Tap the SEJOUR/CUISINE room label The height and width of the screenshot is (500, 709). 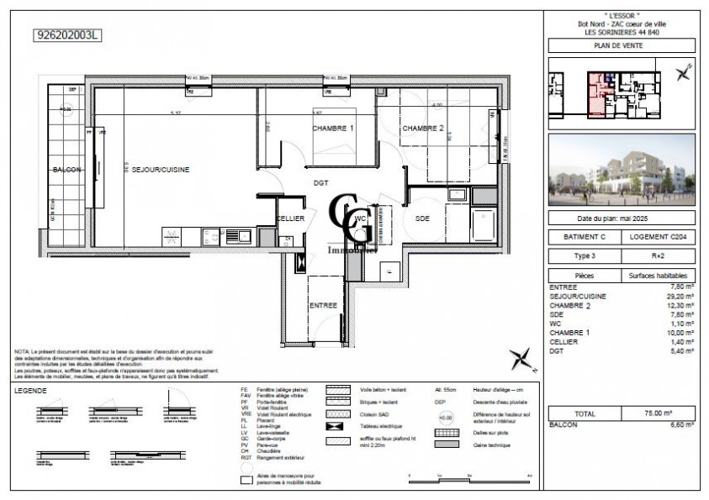[x=160, y=170]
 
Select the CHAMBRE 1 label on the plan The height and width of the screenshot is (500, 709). [x=332, y=129]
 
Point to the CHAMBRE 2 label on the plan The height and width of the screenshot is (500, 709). [x=423, y=129]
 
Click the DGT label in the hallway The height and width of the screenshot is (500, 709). [x=320, y=181]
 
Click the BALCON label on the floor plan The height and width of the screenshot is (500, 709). [x=67, y=170]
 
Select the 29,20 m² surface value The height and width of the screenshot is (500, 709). [x=680, y=296]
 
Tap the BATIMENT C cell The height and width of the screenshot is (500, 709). [x=585, y=238]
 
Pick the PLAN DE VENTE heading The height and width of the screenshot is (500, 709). [x=621, y=46]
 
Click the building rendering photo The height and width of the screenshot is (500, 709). [x=621, y=171]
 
